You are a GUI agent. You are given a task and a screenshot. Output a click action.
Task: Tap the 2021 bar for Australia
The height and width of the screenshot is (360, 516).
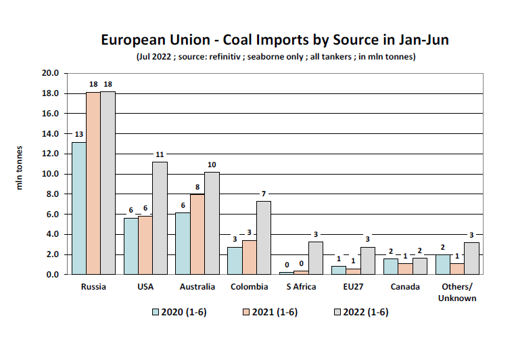point(197,234)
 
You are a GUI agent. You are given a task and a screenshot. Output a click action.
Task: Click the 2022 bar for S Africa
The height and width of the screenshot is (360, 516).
point(315,258)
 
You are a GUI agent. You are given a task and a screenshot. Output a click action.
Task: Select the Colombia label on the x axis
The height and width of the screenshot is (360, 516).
point(249,287)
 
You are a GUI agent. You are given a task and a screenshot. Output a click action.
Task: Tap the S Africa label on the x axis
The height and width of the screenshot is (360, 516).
point(301,287)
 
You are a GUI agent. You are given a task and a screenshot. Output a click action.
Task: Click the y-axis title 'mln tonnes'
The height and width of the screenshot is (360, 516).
point(20,167)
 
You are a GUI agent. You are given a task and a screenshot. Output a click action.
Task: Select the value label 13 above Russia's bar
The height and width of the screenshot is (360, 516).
point(79,134)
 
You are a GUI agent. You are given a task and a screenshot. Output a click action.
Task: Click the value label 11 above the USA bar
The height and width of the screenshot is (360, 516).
point(160,154)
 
